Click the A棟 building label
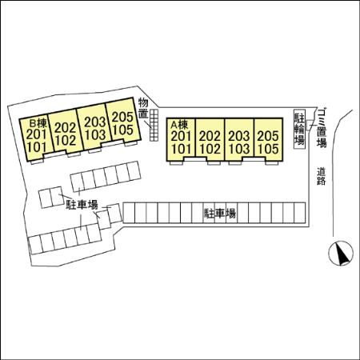coord(179,124)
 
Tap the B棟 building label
coord(38,123)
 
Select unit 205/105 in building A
coord(268,140)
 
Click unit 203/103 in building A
coord(239,140)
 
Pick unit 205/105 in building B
coord(123,122)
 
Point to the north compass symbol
coord(341,253)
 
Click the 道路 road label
coord(322,176)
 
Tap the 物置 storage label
coord(143,108)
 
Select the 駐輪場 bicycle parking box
coord(299,130)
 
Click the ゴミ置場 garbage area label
coord(322,127)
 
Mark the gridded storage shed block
coord(154,125)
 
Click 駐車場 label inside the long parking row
coord(220,214)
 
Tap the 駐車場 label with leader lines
coord(82,205)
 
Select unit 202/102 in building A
coord(210,140)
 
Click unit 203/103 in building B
coord(94,127)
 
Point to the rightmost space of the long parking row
coord(299,213)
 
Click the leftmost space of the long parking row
coord(129,213)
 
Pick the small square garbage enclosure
coord(310,126)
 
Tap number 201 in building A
coord(181,136)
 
